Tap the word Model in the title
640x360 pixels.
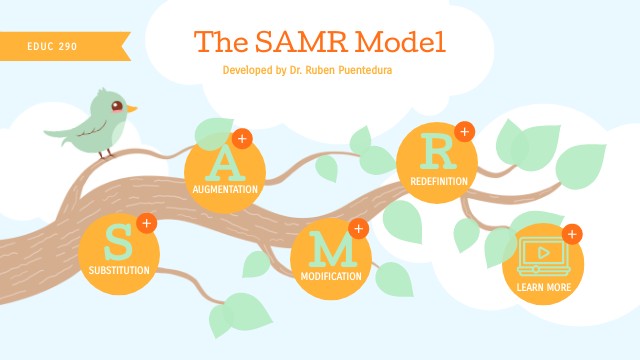click(x=396, y=41)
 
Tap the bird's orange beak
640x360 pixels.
click(x=131, y=108)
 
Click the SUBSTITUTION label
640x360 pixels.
click(x=119, y=270)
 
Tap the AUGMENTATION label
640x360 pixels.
click(x=226, y=188)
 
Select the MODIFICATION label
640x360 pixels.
click(x=331, y=275)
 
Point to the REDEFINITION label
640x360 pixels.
click(x=437, y=181)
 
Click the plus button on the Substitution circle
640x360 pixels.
click(x=146, y=223)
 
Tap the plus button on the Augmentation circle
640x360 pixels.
click(x=241, y=138)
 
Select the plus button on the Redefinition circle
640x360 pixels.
click(x=463, y=131)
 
